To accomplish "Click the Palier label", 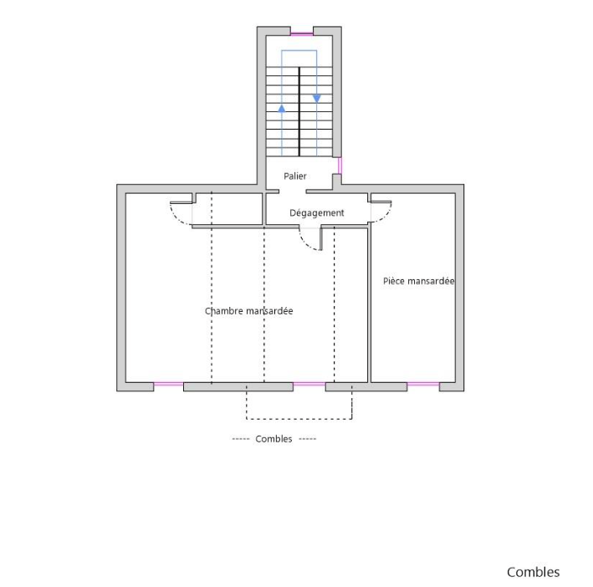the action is point(295,176).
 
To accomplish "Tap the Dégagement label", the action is point(317,212).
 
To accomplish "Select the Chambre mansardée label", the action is point(249,311).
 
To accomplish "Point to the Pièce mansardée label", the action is point(419,281).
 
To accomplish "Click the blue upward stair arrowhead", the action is point(282,109).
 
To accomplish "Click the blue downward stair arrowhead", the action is point(317,99).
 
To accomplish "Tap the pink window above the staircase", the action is point(302,34).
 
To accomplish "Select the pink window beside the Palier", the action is point(340,166).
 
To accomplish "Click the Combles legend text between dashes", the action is point(273,439).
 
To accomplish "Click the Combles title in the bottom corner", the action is point(534,572).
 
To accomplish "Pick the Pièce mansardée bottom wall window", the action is point(423,384).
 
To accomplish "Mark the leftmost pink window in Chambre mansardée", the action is point(169,384).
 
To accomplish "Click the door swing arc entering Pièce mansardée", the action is point(386,217).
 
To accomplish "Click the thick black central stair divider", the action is point(299,112).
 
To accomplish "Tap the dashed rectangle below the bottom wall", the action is point(299,419).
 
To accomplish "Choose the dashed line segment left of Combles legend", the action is point(241,439).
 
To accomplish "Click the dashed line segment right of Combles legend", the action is point(308,439).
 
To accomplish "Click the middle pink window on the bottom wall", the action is point(309,384).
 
